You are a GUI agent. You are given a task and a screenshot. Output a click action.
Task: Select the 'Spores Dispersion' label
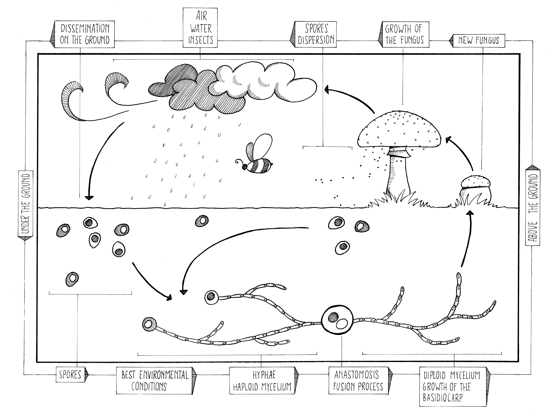click(316, 34)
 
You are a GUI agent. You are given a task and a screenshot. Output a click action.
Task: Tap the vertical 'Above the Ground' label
click(533, 207)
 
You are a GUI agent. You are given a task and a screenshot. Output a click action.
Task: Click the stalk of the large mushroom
click(399, 175)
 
